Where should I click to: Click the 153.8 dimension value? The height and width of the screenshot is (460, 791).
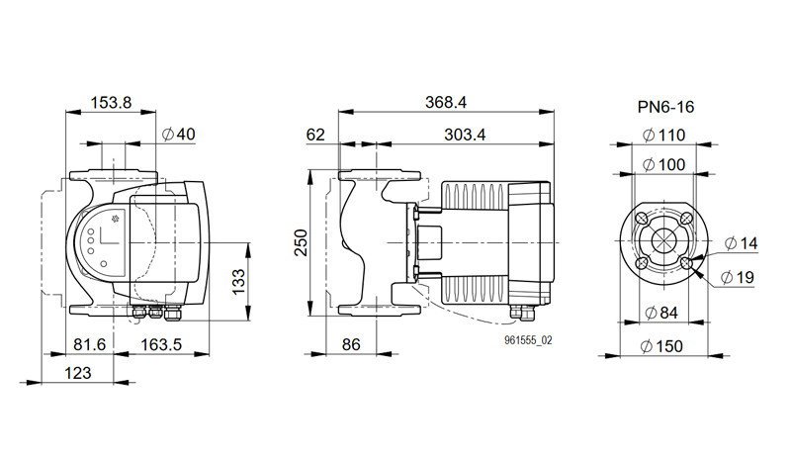click(111, 103)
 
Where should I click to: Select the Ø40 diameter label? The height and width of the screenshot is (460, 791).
click(179, 135)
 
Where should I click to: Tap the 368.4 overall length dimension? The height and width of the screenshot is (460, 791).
click(446, 103)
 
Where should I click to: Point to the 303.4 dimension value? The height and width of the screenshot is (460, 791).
click(465, 135)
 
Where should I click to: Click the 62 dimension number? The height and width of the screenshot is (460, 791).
click(315, 135)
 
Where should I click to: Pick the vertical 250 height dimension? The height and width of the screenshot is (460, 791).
click(302, 243)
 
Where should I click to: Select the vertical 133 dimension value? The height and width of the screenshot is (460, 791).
click(238, 282)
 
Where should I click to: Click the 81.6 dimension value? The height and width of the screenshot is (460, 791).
click(90, 344)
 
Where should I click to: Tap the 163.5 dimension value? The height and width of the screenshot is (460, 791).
click(161, 344)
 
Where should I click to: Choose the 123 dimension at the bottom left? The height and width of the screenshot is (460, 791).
click(78, 373)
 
